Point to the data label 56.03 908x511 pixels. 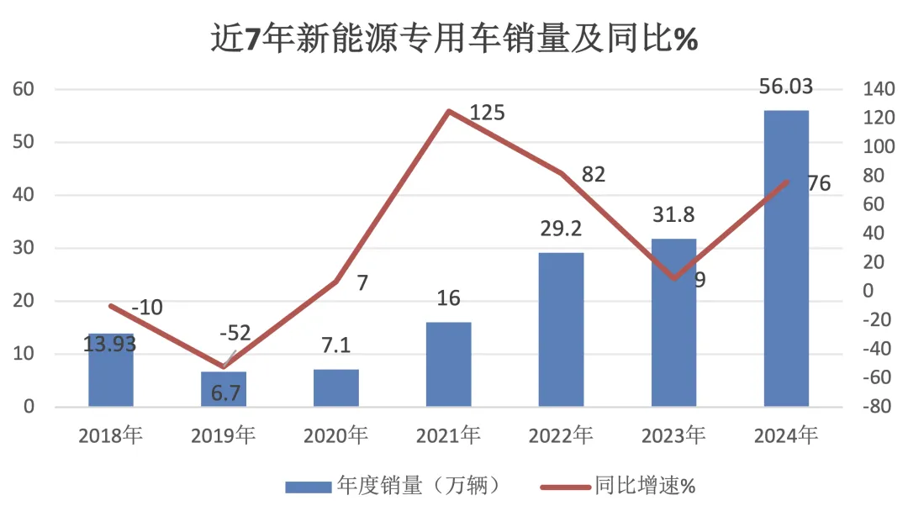point(785,87)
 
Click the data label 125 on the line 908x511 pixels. point(488,112)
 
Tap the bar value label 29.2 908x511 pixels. point(560,229)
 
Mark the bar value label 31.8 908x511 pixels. point(673,215)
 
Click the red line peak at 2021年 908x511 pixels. point(449,111)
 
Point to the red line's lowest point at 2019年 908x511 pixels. point(224,366)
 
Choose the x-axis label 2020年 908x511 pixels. point(335,435)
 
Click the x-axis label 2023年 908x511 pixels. point(673,435)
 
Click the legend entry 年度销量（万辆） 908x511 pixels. point(395,485)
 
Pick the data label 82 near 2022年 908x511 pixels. point(594,175)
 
